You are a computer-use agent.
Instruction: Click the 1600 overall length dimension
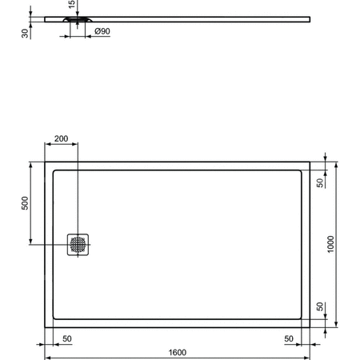click(x=177, y=351)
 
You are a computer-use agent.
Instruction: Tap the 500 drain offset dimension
click(x=25, y=205)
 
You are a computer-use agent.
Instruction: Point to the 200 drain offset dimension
click(x=61, y=138)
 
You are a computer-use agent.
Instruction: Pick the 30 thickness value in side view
click(x=26, y=33)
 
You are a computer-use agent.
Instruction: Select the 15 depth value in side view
click(x=71, y=6)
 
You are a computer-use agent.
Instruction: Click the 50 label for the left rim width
click(x=66, y=338)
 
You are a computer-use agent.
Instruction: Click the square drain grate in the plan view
click(x=78, y=244)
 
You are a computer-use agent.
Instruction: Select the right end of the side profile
click(x=310, y=17)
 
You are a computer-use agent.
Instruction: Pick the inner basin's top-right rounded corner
click(x=299, y=170)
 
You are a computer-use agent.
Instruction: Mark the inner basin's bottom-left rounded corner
click(x=54, y=318)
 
